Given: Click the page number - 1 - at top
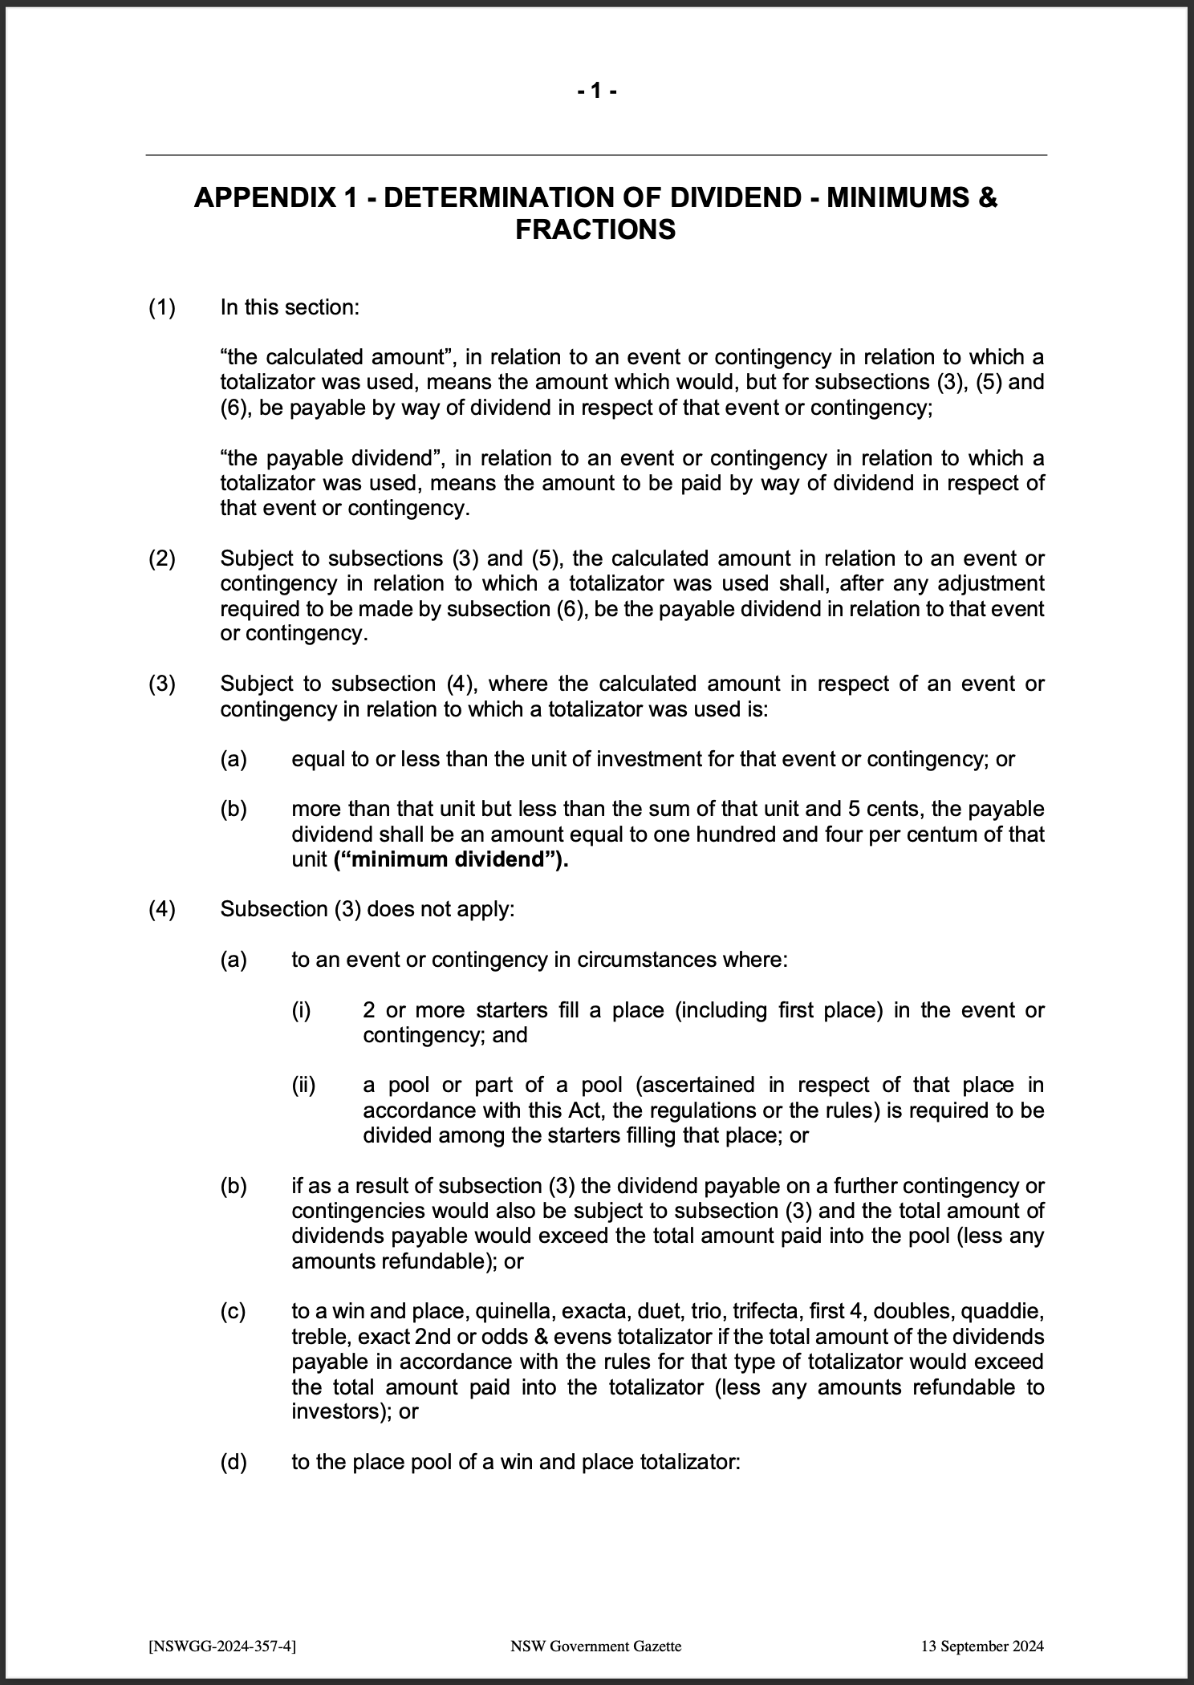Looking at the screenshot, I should click(x=596, y=91).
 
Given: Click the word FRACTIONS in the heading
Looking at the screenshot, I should click(x=595, y=230).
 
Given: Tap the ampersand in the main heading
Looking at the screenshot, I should click(x=988, y=197).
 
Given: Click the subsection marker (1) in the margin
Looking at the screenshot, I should click(x=161, y=307).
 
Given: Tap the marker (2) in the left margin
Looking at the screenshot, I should click(x=161, y=558).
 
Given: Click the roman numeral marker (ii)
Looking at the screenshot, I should click(x=303, y=1086).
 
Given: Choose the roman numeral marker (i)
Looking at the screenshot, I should click(x=301, y=1010).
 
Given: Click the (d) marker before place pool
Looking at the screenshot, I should click(x=234, y=1462).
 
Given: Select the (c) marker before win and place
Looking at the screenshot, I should click(x=234, y=1312).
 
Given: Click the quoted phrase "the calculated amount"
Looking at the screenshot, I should click(x=332, y=357).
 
